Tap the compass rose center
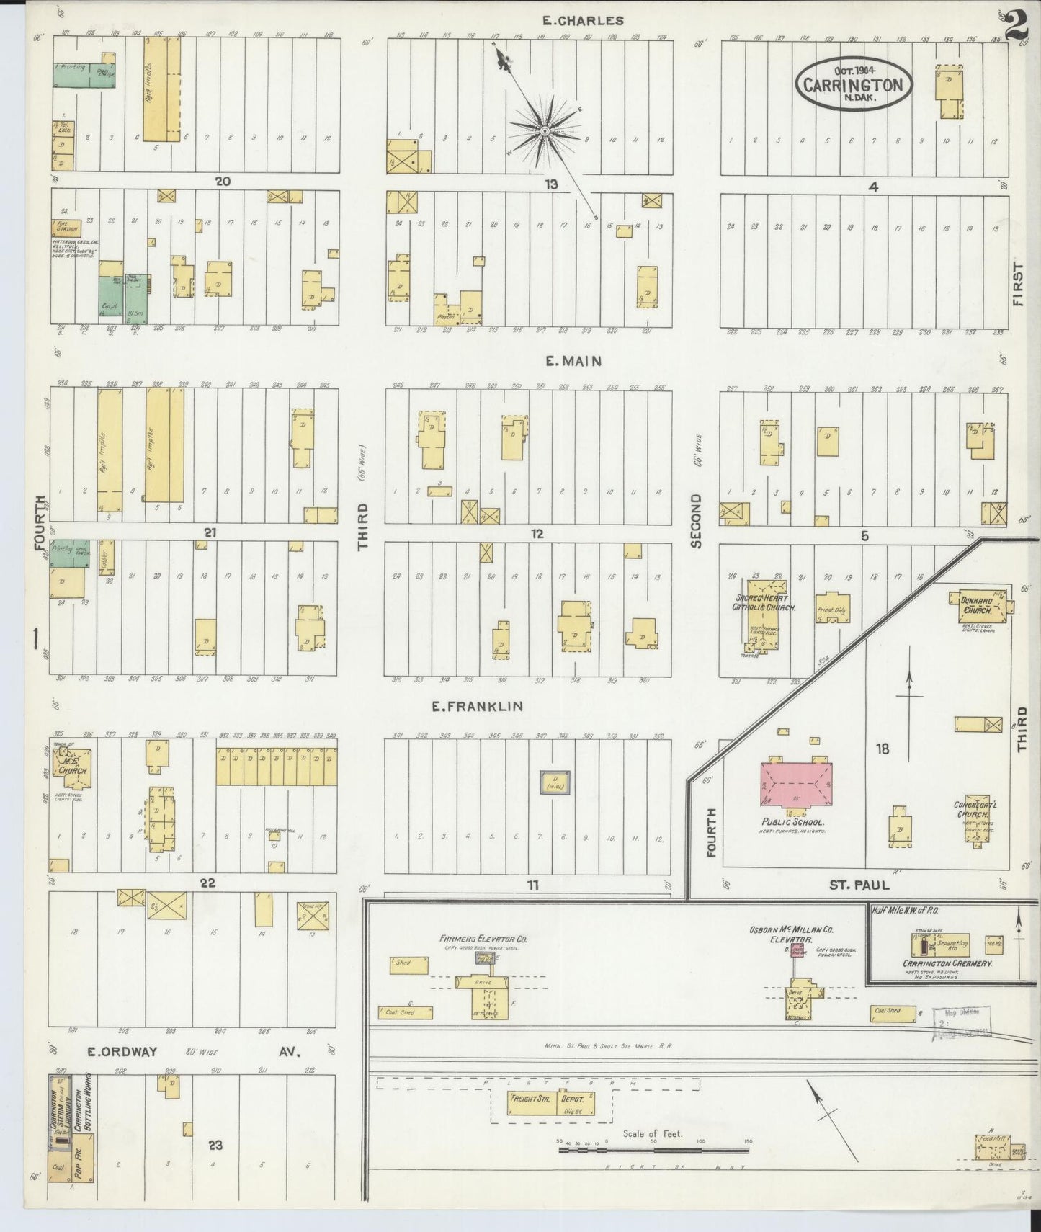click(545, 130)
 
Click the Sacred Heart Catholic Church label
click(762, 603)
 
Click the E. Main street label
click(573, 361)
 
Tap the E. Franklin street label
click(477, 707)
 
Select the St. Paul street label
click(859, 885)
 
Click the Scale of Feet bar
click(653, 1151)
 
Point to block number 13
click(550, 185)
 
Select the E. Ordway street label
click(122, 1052)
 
